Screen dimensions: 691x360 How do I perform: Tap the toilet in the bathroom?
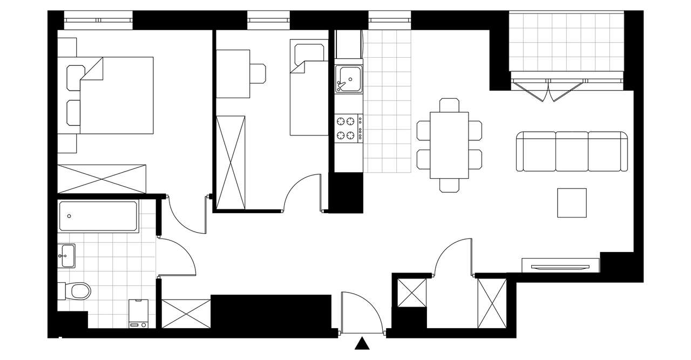point(78,291)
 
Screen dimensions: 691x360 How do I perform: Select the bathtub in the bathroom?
point(98,216)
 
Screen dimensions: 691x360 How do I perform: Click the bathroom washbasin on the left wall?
point(67,255)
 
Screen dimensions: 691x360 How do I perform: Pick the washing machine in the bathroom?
point(139,315)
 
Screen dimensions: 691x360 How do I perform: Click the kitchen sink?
point(348,79)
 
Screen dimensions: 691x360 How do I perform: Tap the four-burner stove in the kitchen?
point(349,128)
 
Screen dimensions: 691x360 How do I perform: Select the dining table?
point(449,145)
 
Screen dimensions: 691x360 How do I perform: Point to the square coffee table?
point(572,202)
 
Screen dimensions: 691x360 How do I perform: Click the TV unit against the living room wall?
point(560,266)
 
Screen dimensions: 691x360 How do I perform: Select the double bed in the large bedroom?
point(116,96)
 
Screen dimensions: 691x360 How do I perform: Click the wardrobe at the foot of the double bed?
point(102,178)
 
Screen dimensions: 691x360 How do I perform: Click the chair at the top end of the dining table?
point(449,105)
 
